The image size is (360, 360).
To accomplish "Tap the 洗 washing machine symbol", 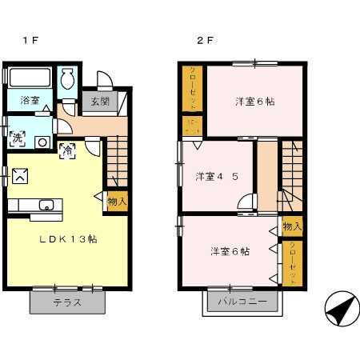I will (17, 137).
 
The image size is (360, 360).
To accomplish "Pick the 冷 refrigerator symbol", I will (68, 149).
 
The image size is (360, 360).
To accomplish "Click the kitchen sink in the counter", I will (46, 205).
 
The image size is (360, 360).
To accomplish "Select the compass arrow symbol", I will (339, 308).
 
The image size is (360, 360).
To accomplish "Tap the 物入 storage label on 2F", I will (292, 227).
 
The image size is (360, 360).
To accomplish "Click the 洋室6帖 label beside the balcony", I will (230, 250).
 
